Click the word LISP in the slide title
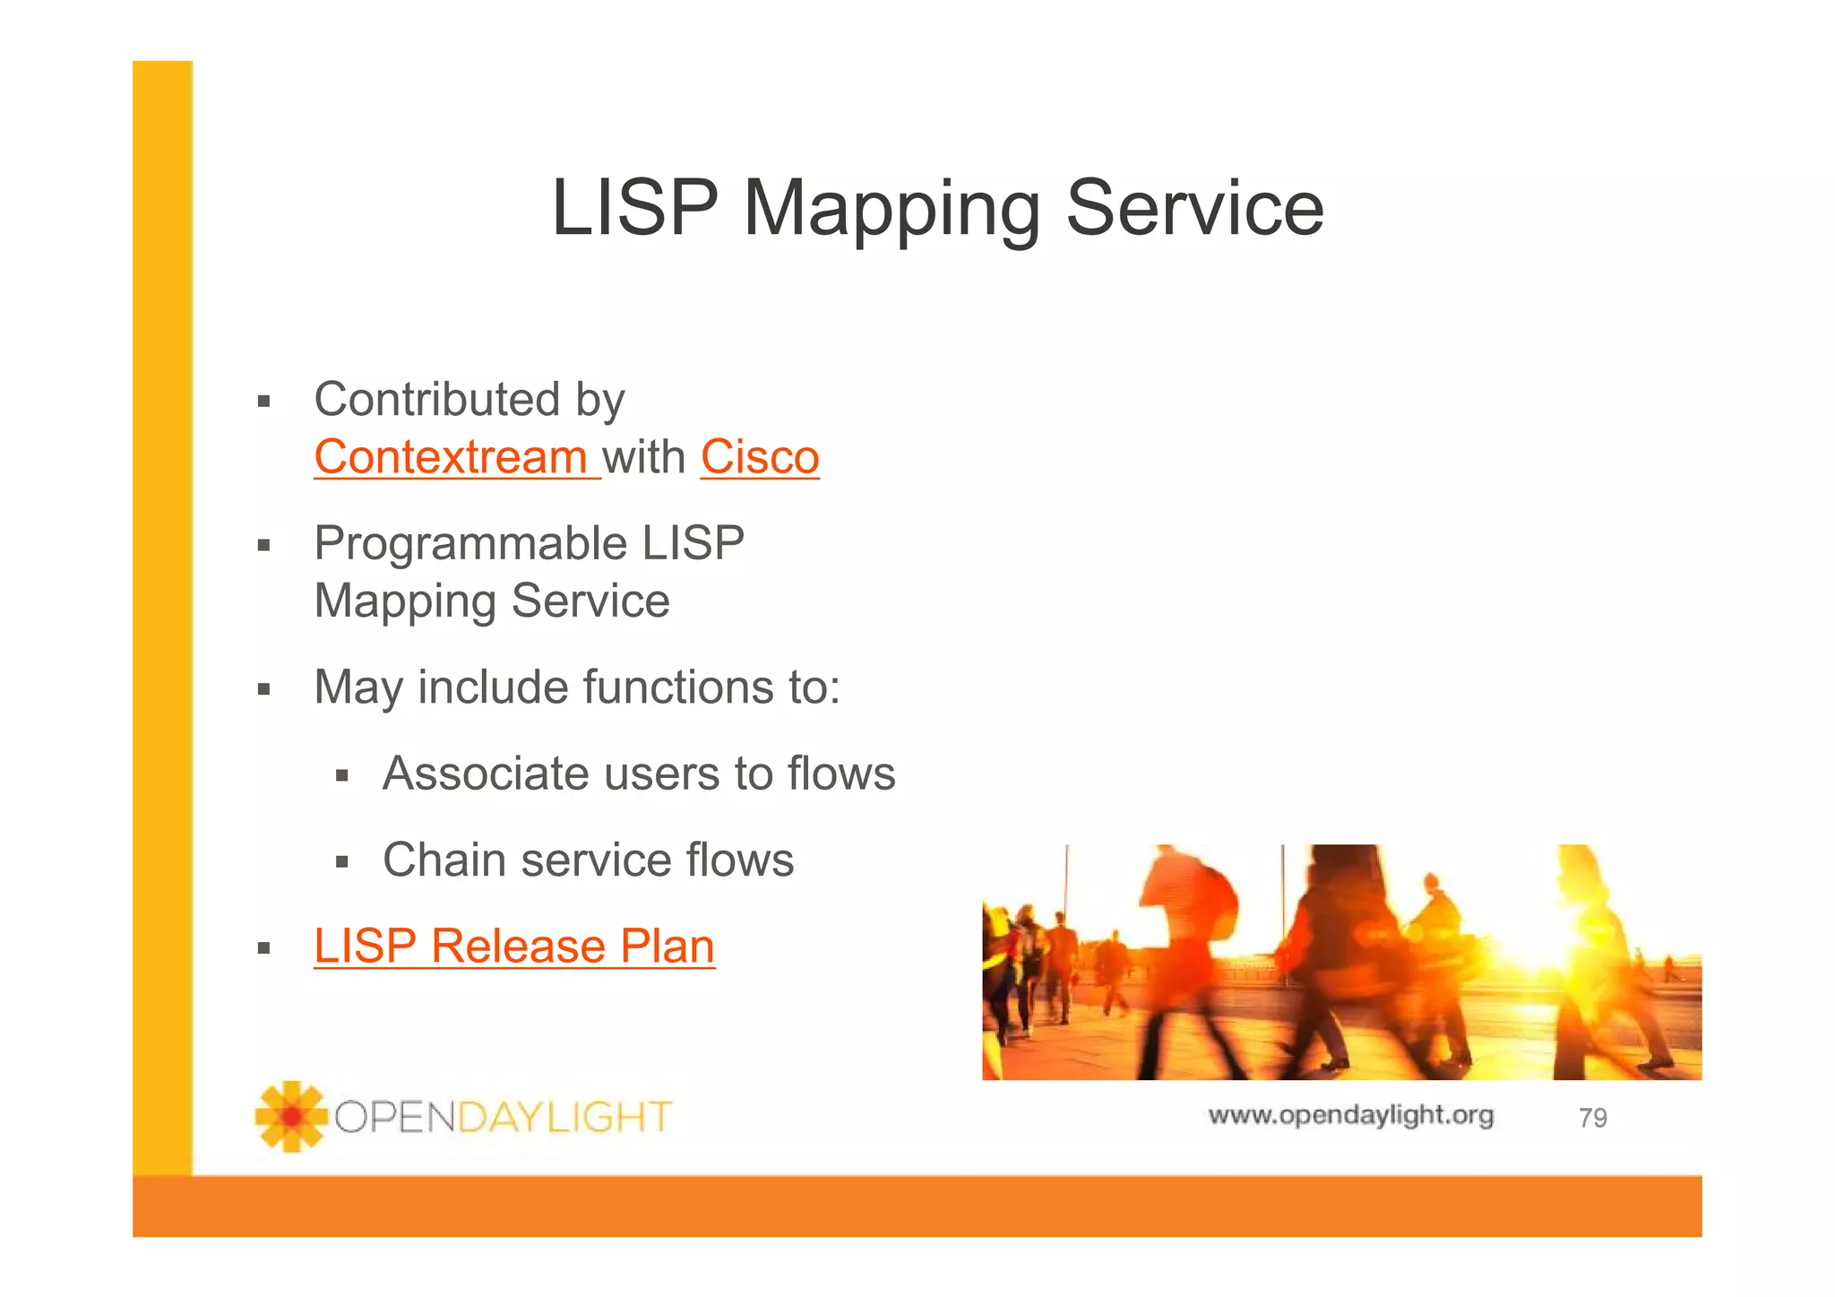(x=634, y=208)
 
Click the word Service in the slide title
(x=1194, y=208)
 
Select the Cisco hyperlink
(x=760, y=457)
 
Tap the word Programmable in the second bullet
(x=470, y=544)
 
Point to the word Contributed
(x=436, y=399)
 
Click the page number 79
(x=1592, y=1118)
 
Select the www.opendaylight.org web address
(x=1350, y=1115)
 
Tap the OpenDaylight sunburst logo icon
(x=290, y=1116)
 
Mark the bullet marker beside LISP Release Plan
(x=263, y=948)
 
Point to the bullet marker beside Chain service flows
(x=341, y=863)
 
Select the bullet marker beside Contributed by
(x=263, y=401)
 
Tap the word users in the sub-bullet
(x=662, y=774)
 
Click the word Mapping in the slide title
(x=891, y=208)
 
